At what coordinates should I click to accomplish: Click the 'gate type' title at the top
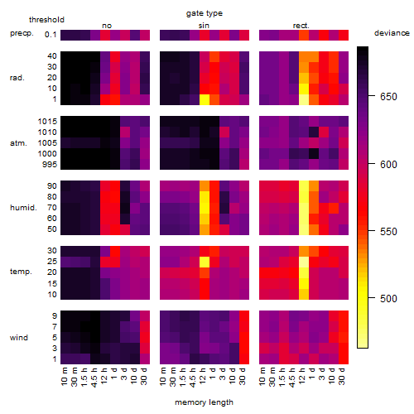(x=205, y=13)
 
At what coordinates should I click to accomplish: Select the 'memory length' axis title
(x=204, y=402)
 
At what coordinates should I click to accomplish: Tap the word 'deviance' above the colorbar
(x=392, y=33)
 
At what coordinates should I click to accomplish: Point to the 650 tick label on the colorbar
(x=388, y=97)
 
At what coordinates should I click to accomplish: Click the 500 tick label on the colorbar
(x=388, y=299)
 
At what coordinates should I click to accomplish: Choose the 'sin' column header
(x=204, y=26)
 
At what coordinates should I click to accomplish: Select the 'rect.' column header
(x=301, y=26)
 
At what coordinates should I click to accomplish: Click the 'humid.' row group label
(x=23, y=208)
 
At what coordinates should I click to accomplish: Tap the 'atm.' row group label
(x=18, y=143)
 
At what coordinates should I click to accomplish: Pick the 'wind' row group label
(x=19, y=338)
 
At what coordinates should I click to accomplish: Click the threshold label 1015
(x=47, y=122)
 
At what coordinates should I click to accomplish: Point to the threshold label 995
(x=50, y=165)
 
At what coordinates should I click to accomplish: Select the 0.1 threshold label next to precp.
(x=51, y=35)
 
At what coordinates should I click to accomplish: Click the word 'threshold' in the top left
(x=46, y=20)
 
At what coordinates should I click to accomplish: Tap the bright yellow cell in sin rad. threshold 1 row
(x=205, y=99)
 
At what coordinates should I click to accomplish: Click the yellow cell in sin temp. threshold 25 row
(x=205, y=262)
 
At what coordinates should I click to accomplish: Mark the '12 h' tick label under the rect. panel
(x=301, y=375)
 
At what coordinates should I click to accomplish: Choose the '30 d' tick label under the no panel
(x=144, y=376)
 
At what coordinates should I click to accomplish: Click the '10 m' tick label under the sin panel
(x=164, y=377)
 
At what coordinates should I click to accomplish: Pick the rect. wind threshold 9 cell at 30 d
(x=344, y=315)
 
